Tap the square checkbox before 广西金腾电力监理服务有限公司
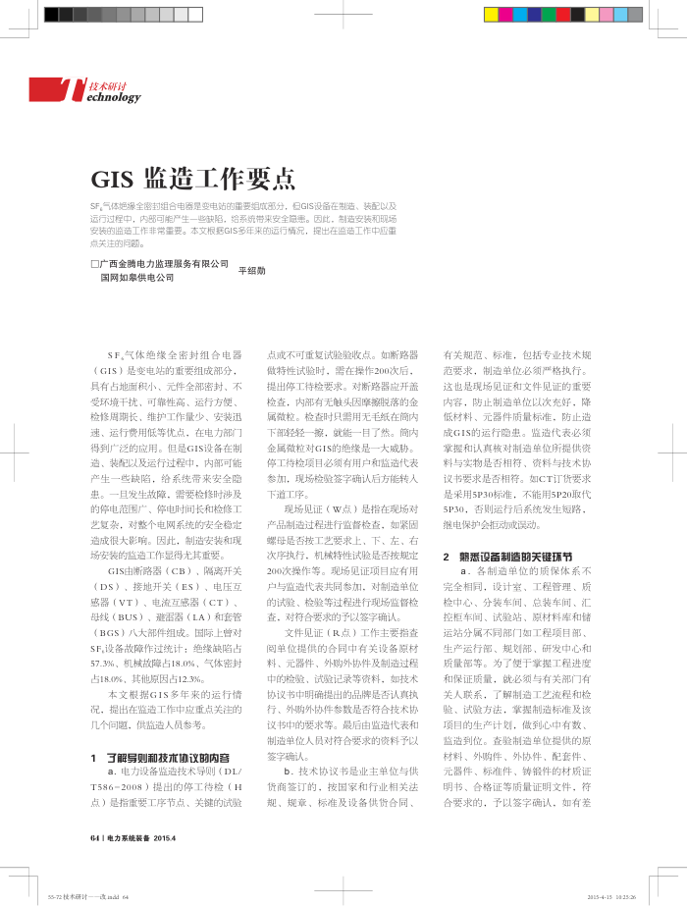point(94,264)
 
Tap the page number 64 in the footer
point(94,837)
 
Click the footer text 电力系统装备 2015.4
point(140,837)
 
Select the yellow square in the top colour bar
point(491,15)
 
